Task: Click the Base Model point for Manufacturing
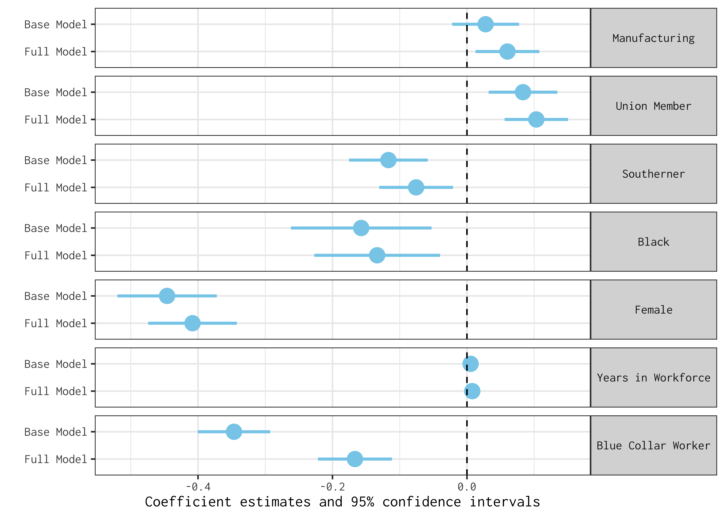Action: point(485,24)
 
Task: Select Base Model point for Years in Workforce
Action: point(470,364)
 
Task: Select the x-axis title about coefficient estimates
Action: point(342,502)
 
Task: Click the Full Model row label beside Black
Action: point(55,255)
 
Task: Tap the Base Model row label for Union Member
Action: point(55,92)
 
